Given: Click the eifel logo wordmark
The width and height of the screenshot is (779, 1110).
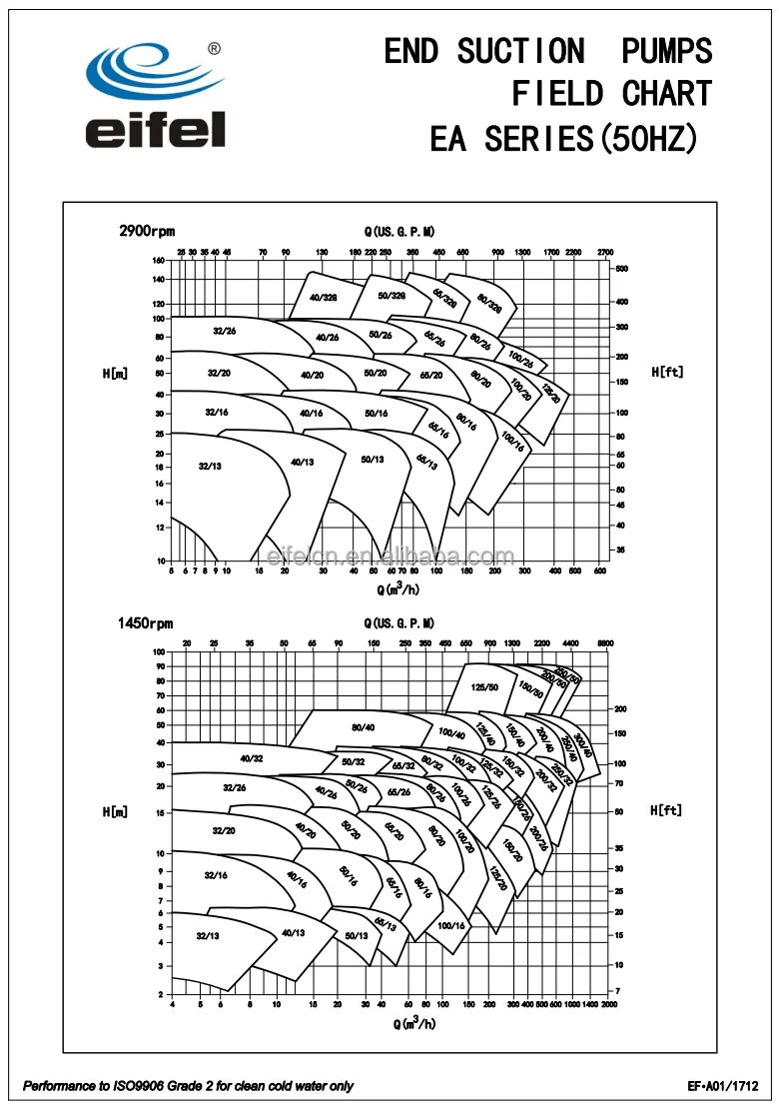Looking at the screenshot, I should pos(155,130).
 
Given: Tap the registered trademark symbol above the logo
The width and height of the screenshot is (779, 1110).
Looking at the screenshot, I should pos(214,47).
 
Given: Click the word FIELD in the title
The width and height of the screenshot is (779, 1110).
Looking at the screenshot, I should pos(557,94).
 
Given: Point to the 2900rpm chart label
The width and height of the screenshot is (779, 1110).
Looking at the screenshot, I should pos(147,231).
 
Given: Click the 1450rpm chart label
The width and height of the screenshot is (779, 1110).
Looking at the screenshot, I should pos(145,623).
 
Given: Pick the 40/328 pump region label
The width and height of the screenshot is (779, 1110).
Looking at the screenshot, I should pos(323,298).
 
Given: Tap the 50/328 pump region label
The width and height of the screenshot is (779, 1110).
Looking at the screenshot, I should pos(391,295).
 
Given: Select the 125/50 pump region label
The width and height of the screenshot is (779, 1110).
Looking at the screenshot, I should pos(485,687).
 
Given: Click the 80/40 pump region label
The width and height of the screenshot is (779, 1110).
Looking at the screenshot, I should pos(363,727).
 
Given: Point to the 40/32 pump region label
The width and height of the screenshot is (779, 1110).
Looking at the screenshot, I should pos(251,758).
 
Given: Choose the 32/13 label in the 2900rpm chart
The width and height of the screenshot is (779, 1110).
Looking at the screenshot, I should pos(210,466).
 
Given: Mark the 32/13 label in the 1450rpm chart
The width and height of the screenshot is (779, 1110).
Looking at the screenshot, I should pos(207,936).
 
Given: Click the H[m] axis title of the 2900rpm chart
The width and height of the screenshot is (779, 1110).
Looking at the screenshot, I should pos(115,373).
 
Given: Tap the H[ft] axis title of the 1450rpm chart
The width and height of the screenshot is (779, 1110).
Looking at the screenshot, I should pos(666,810).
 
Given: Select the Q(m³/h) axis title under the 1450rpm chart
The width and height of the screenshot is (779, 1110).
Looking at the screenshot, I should pos(414,1023).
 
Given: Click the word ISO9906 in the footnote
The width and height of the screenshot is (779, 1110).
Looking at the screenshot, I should pos(155,1086).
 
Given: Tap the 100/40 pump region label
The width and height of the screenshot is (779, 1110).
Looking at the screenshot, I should pos(451,735).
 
